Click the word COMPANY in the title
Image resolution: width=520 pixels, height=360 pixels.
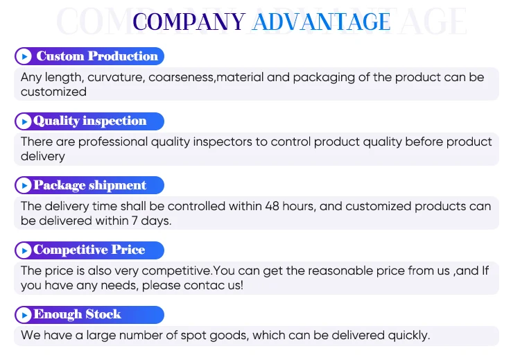[x=189, y=22]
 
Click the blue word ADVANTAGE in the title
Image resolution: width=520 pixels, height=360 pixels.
[x=321, y=22]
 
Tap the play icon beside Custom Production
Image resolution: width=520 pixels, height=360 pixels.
[x=24, y=56]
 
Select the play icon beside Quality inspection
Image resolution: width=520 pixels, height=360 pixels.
[x=24, y=121]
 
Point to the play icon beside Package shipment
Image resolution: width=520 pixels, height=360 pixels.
[x=24, y=185]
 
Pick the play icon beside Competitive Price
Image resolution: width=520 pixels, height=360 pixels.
[x=24, y=250]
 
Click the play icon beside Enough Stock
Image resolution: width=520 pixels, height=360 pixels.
[x=24, y=314]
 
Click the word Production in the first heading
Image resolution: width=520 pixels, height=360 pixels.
[x=123, y=56]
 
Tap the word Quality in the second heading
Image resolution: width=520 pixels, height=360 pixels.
[x=56, y=121]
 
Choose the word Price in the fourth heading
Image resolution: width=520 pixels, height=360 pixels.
[x=128, y=250]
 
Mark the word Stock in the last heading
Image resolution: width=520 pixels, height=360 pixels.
[x=103, y=314]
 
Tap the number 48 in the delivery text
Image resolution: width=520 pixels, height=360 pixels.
[x=272, y=206]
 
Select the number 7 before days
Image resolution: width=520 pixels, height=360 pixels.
[x=135, y=221]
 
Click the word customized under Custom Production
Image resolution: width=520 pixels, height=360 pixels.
[x=53, y=92]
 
